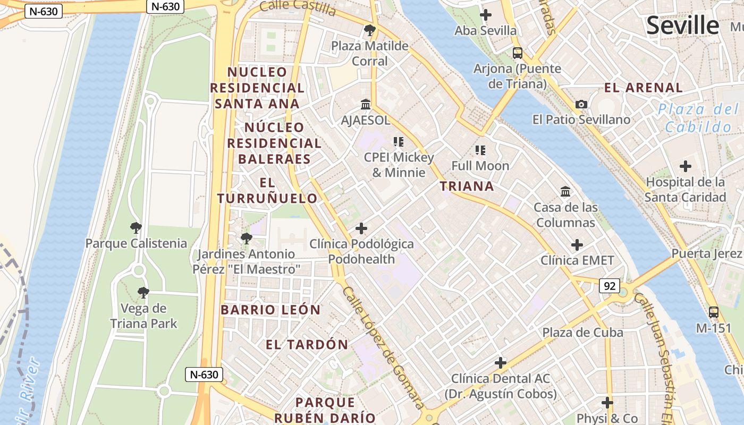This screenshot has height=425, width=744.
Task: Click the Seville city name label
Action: point(683,25)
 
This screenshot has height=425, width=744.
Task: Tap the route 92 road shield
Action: point(609,286)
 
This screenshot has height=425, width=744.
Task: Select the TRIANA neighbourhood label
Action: point(467,186)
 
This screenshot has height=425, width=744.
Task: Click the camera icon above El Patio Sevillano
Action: point(581,104)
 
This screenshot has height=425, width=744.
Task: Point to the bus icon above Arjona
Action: point(517,53)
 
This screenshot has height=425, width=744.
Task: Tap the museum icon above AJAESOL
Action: point(366,104)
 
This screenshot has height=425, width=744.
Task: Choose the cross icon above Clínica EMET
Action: point(577,245)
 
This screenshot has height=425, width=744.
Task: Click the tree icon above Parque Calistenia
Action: point(136,228)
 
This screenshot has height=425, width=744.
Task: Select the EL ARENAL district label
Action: point(644,88)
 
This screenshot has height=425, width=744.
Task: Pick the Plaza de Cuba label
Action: point(582,333)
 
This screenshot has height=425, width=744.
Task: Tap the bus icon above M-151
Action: point(714,312)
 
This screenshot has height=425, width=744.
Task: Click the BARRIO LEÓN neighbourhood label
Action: point(270,310)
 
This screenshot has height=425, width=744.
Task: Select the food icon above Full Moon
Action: point(480,150)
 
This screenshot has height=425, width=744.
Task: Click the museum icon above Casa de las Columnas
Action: point(565,191)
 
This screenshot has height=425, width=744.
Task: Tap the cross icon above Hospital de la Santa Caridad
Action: point(686,166)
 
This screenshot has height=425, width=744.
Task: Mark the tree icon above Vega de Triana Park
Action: point(143,292)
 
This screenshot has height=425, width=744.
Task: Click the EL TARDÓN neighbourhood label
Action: point(307,344)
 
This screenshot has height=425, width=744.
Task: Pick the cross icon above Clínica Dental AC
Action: point(501,363)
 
